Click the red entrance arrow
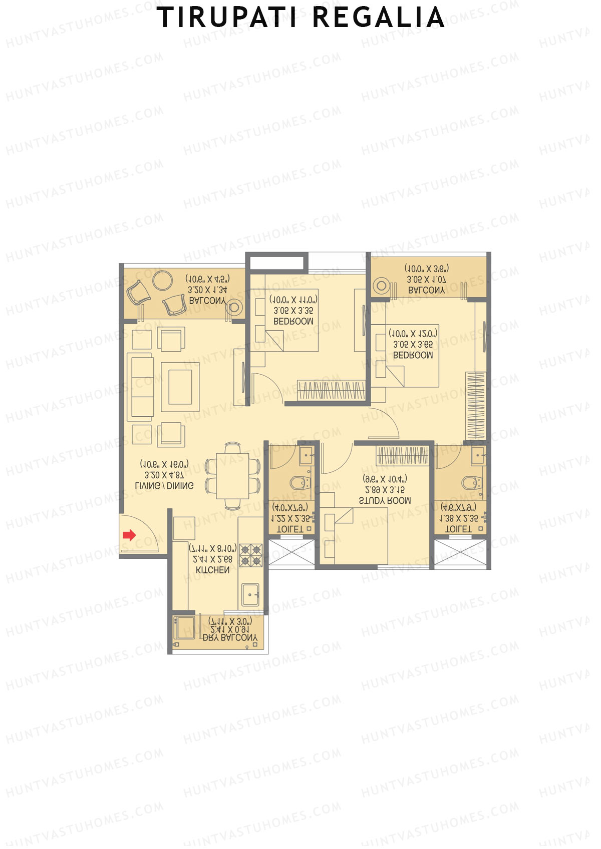click(129, 535)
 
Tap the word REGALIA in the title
click(378, 18)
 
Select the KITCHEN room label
click(212, 570)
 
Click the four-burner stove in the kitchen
click(251, 555)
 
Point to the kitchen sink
click(249, 594)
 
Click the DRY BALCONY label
click(230, 638)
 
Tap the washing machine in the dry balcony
click(184, 628)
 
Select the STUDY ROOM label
click(385, 500)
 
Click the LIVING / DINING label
click(164, 485)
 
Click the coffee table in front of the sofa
click(180, 386)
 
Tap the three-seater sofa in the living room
click(141, 386)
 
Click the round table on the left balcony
click(163, 280)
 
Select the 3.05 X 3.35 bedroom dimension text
click(293, 311)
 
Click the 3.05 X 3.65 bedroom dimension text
click(413, 344)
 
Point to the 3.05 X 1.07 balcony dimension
click(426, 279)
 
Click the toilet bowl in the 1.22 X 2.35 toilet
click(299, 483)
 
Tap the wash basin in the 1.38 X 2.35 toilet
click(478, 456)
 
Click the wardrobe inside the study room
click(402, 455)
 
